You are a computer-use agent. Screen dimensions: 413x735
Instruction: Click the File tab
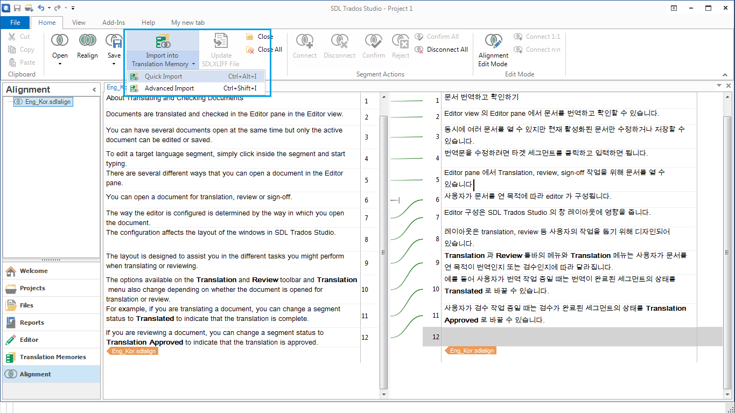tap(15, 23)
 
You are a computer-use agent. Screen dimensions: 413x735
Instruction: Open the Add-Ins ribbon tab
tap(114, 23)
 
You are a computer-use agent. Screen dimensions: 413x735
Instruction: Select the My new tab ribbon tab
tap(187, 23)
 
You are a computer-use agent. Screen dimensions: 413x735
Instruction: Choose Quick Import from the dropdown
tap(164, 76)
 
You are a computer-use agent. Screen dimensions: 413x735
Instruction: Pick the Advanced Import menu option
tap(169, 88)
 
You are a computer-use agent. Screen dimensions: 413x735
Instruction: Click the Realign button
tap(87, 46)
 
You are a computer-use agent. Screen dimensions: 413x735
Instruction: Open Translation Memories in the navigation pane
tap(52, 357)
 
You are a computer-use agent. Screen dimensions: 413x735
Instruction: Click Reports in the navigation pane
tap(32, 323)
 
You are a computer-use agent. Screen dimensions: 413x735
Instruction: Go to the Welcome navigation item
tap(33, 271)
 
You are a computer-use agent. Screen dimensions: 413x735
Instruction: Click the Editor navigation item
tap(29, 340)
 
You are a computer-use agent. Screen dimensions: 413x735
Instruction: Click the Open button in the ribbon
tap(60, 46)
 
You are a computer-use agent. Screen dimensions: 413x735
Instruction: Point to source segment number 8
tap(366, 240)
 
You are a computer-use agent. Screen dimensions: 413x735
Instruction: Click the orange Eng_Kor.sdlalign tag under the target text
tap(471, 351)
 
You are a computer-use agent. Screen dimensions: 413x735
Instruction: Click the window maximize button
tap(709, 8)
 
